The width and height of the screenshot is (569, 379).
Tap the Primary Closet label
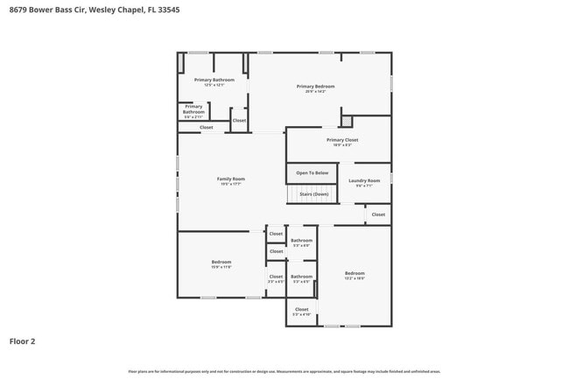click(342, 143)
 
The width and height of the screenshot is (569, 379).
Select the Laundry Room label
click(364, 183)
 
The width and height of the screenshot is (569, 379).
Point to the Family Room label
click(231, 181)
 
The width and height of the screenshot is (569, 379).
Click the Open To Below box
click(312, 173)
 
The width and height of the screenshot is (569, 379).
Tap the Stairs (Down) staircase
click(312, 194)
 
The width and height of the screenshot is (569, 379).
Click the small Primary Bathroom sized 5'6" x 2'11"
click(193, 110)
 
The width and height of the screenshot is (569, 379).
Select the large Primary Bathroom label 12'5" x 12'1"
click(214, 82)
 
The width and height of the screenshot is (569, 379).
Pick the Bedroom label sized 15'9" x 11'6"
click(221, 264)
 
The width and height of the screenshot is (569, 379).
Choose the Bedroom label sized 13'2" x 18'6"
click(354, 276)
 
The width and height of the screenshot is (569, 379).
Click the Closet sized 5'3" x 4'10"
click(301, 312)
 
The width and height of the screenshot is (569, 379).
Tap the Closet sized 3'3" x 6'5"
click(276, 278)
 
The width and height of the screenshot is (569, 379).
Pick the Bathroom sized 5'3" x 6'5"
click(301, 278)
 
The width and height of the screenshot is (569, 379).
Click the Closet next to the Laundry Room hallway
click(378, 214)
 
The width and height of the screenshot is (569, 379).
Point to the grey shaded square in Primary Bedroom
click(347, 122)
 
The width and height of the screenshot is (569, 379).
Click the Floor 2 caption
click(23, 341)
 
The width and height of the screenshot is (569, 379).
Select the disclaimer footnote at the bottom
click(284, 371)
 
